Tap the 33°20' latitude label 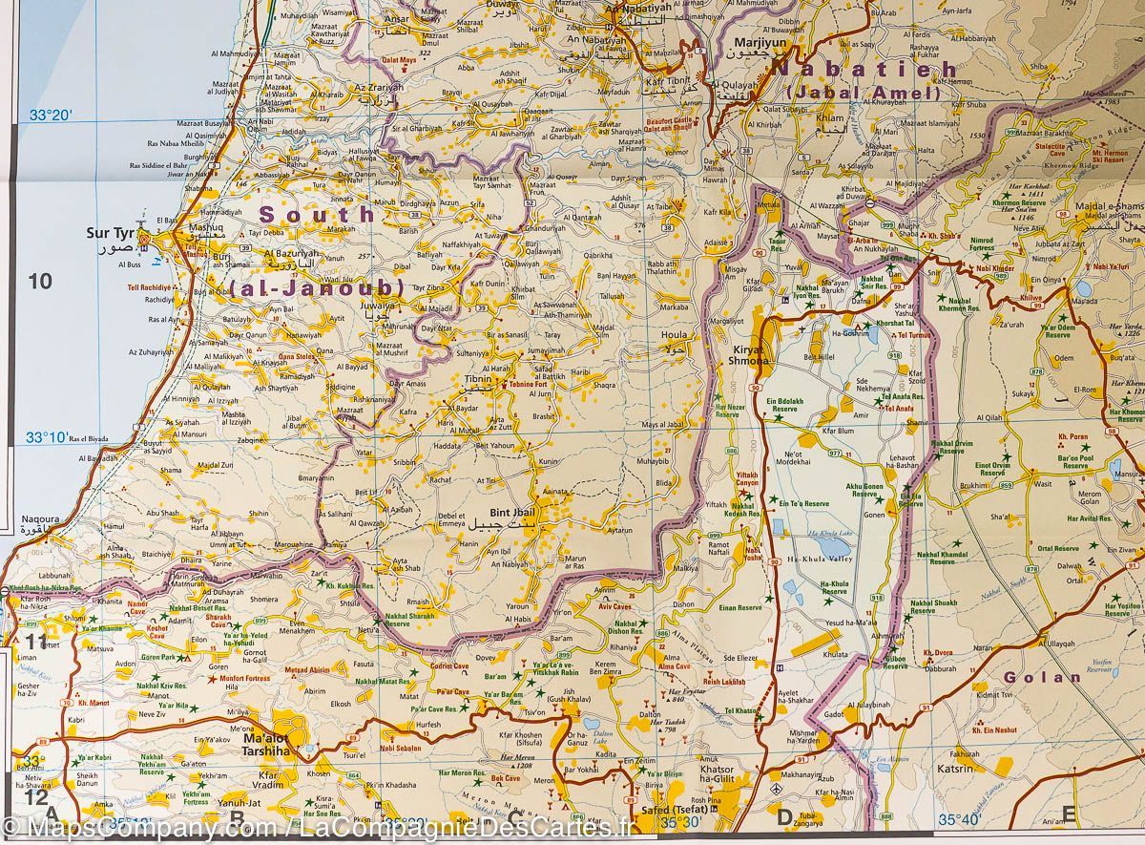click(51, 116)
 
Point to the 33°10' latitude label click(47, 437)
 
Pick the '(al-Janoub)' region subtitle click(317, 287)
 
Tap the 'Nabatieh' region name click(864, 70)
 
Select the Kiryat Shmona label click(751, 355)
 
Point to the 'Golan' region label click(1041, 677)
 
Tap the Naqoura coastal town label click(39, 522)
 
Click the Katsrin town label click(955, 768)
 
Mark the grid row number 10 click(39, 281)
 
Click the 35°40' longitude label click(959, 819)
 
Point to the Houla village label click(675, 336)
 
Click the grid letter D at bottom click(784, 816)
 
